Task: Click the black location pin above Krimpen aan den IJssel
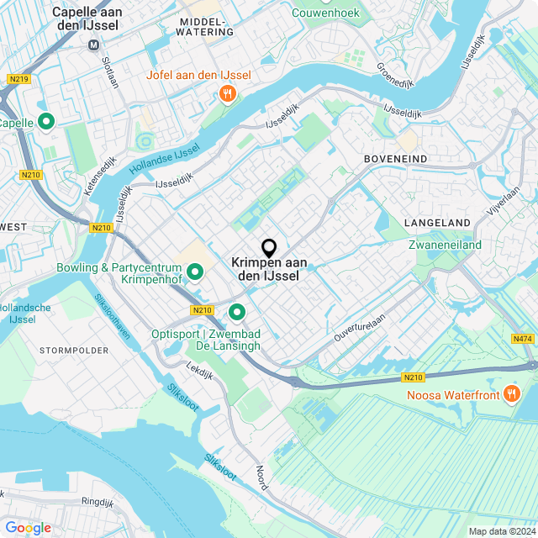269,248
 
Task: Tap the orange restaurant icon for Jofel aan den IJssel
227,94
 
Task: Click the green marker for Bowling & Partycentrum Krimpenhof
195,272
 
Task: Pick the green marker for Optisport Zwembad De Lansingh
236,313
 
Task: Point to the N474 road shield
521,339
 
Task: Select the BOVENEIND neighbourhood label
395,158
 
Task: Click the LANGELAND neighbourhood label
437,223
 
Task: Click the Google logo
28,528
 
